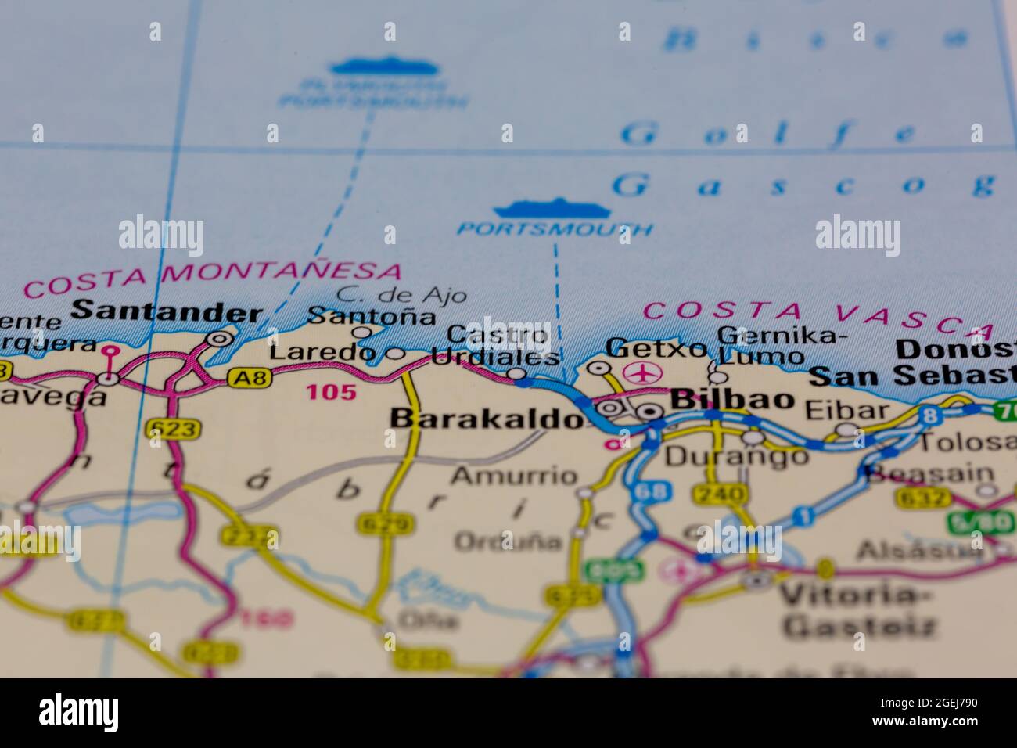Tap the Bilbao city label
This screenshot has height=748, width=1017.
733,399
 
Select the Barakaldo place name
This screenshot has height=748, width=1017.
487,420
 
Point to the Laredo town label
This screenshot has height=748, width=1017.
322,354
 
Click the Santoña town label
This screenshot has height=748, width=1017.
372,317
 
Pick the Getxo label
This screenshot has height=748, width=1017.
656,347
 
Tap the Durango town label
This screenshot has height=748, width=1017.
735,455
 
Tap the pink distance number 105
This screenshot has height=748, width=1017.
331,392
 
